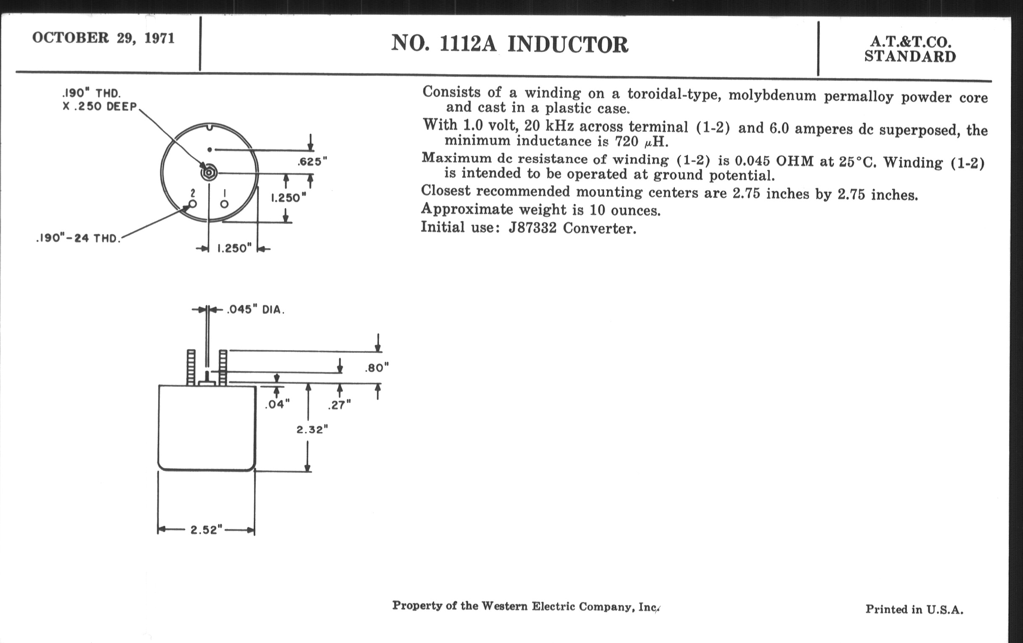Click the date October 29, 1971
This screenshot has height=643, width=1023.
103,38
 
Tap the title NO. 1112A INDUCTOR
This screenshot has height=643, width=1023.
509,44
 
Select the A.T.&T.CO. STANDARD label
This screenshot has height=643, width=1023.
910,49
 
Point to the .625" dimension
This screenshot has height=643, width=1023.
312,162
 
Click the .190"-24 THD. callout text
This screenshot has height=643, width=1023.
78,238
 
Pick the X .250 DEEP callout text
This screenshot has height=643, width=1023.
100,106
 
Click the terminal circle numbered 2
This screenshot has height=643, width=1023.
193,204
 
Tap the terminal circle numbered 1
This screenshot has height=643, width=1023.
224,204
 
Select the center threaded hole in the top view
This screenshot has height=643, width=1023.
209,173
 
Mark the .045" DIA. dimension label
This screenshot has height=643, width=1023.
255,310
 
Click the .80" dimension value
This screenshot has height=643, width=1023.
376,368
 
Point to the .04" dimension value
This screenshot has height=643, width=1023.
277,404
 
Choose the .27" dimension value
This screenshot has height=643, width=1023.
339,405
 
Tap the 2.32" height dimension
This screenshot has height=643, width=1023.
312,430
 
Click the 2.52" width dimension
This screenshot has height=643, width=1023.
207,530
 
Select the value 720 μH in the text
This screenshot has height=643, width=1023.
641,141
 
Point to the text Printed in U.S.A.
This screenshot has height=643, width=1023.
914,609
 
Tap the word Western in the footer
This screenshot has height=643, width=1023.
504,606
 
